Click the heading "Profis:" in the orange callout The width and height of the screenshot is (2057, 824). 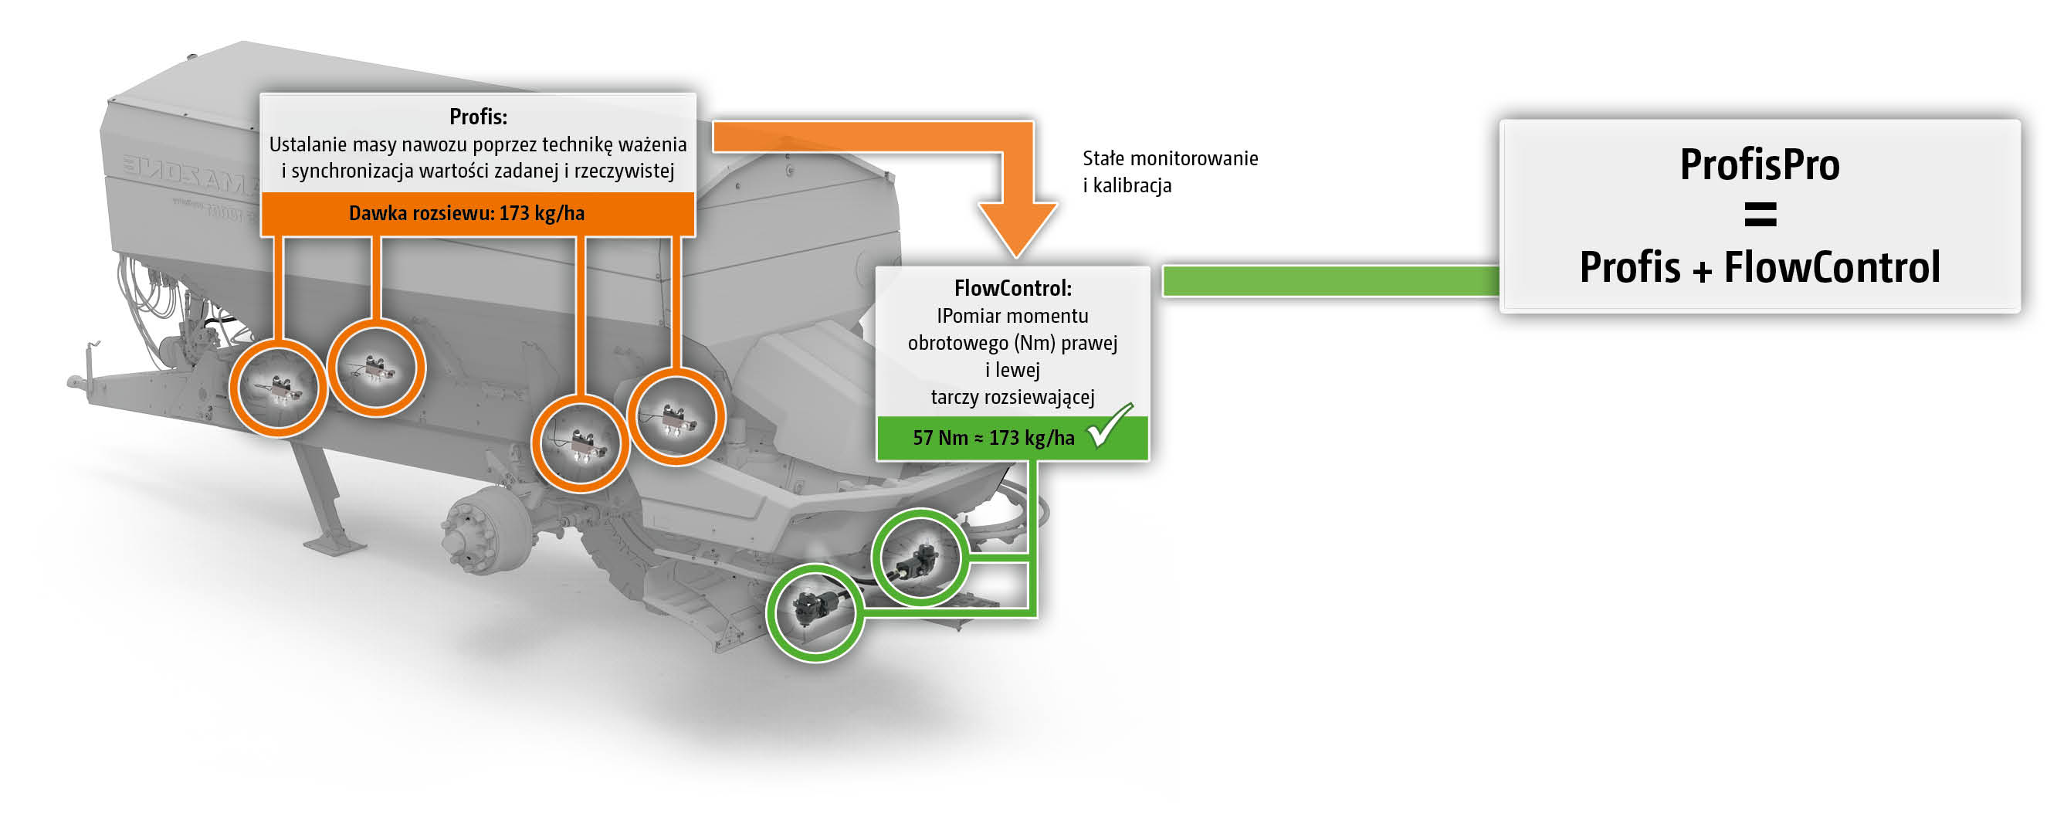477,117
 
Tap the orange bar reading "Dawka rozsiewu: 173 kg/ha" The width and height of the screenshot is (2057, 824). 466,213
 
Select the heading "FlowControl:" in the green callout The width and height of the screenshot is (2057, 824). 1012,287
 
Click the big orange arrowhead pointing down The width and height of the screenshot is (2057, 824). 1018,228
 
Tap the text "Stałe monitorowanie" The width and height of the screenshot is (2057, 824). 1170,158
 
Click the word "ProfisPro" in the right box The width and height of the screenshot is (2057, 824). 1759,164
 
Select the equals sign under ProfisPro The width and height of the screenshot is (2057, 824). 1760,214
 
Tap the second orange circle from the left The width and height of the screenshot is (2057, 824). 376,368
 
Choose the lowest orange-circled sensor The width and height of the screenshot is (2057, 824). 581,444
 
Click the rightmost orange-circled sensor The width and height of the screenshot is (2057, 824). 676,417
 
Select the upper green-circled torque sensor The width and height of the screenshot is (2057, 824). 920,558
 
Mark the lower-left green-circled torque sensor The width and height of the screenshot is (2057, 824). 815,612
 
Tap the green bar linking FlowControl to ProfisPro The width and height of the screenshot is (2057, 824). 1330,282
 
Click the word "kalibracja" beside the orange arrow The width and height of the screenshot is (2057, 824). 1131,186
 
